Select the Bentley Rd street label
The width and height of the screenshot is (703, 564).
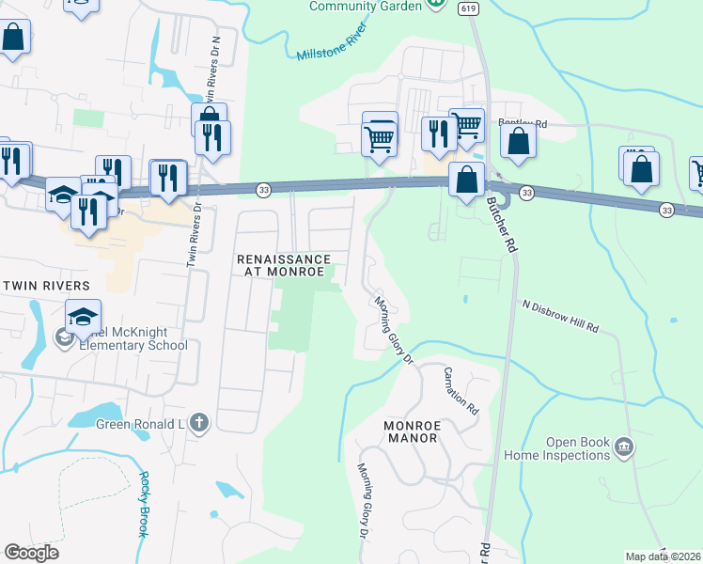click(x=522, y=123)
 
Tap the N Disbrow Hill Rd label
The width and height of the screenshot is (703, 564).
click(x=560, y=317)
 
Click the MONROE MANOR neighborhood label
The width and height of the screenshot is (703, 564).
click(x=411, y=431)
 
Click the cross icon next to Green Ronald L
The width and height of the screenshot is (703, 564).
click(x=198, y=423)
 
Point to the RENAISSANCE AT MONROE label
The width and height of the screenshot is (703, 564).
click(x=283, y=265)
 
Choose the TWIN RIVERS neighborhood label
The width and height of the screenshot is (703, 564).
click(x=44, y=285)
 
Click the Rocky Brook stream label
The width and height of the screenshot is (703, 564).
click(x=142, y=504)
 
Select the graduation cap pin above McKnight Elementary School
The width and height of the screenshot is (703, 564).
click(x=83, y=318)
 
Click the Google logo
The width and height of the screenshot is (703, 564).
click(x=32, y=553)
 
